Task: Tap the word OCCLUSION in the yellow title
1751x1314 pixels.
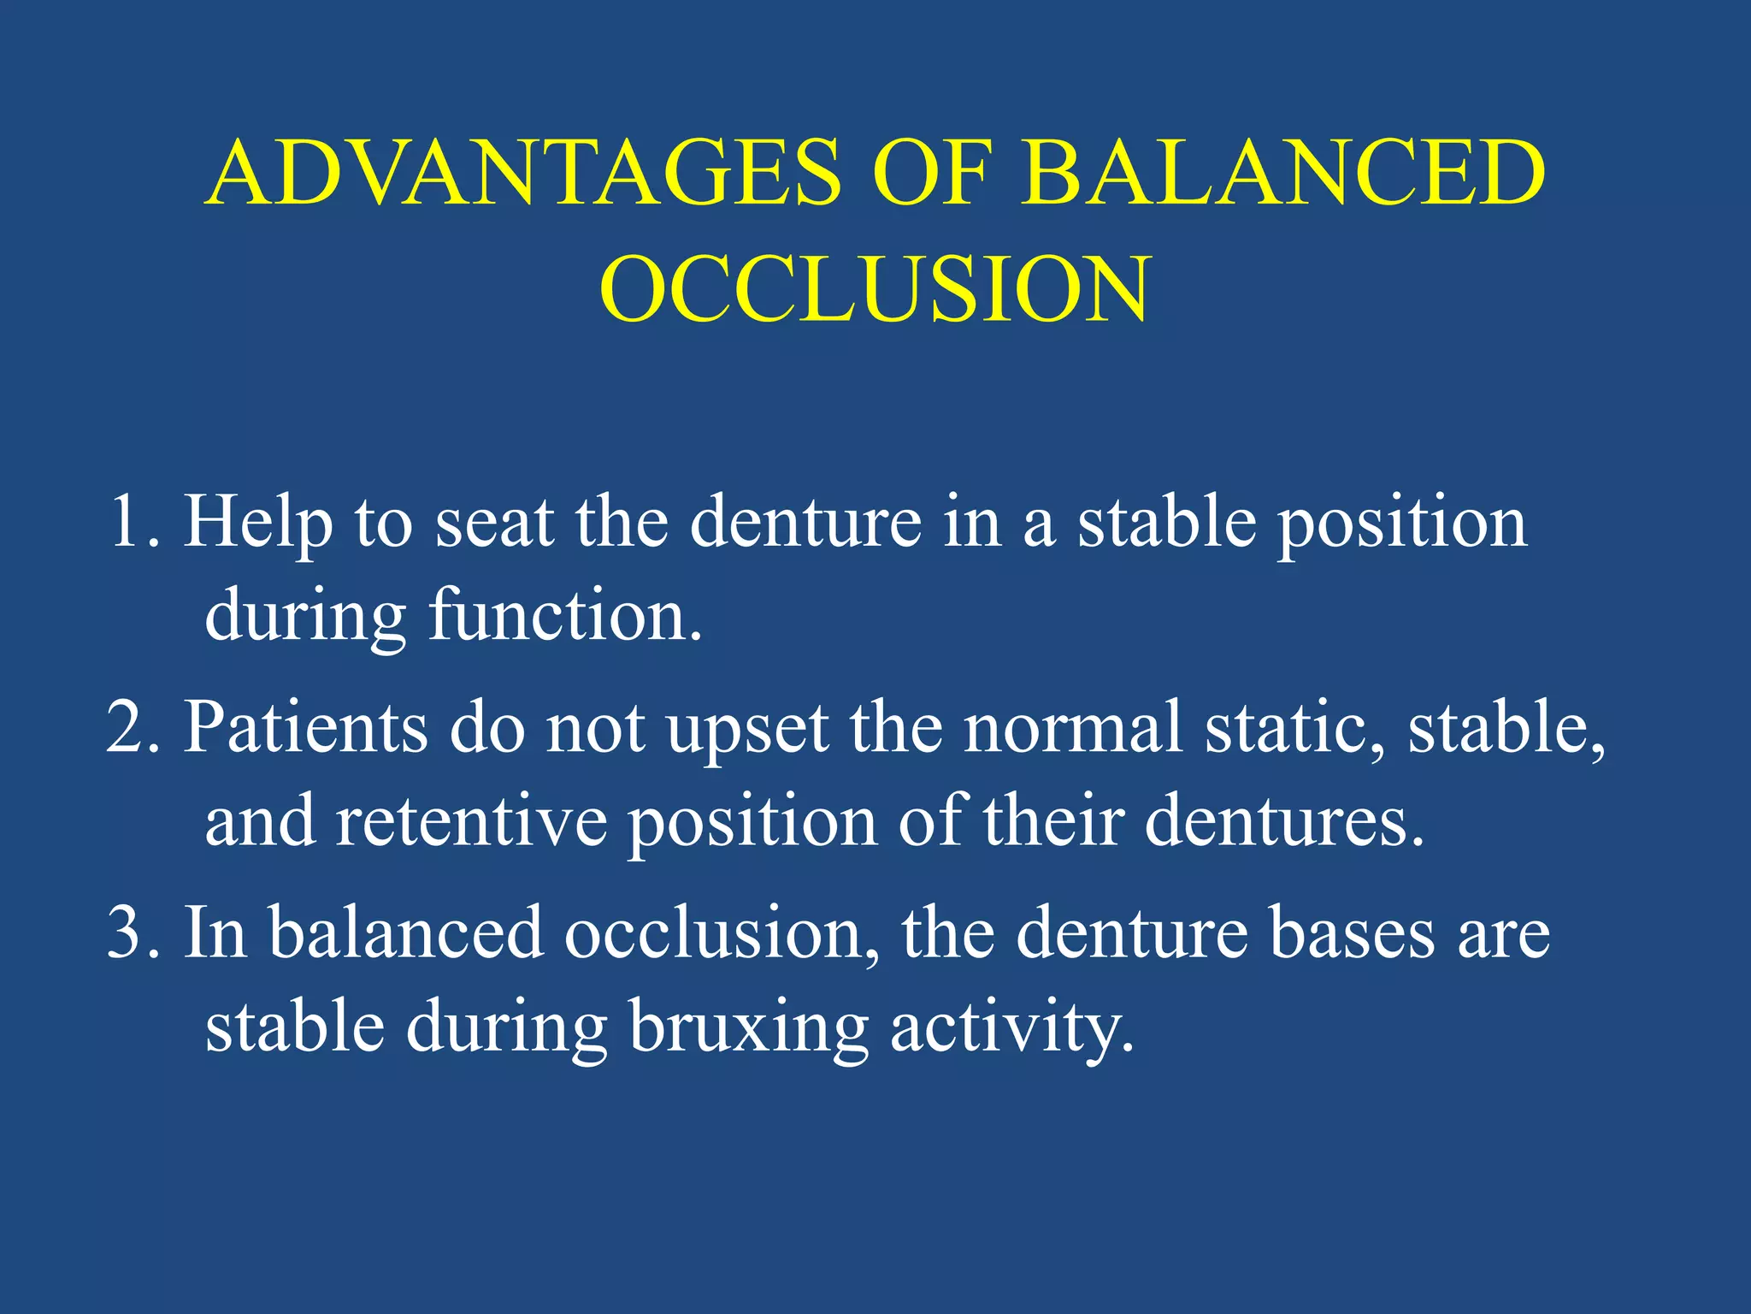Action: click(x=874, y=291)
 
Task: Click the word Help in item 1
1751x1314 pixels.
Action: click(x=258, y=524)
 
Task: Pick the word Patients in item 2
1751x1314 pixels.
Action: click(x=306, y=727)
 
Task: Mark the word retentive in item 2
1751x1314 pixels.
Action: click(x=471, y=821)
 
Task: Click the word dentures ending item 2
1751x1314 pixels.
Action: click(x=1282, y=821)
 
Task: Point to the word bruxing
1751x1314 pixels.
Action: click(x=749, y=1027)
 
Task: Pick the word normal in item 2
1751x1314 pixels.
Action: click(x=1073, y=727)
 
